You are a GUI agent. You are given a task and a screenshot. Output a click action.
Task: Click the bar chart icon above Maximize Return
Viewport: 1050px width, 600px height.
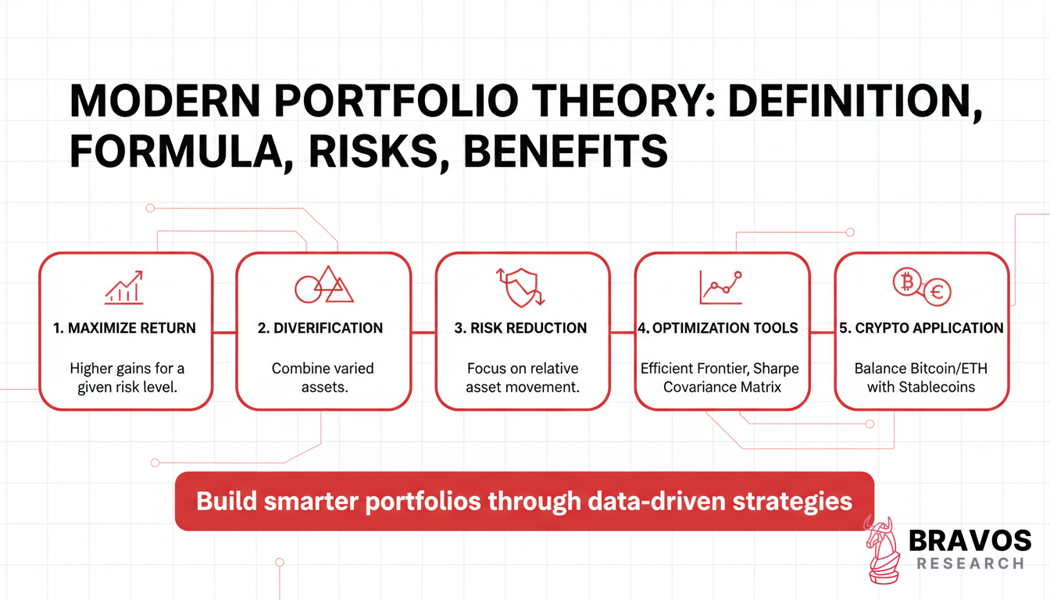(x=125, y=287)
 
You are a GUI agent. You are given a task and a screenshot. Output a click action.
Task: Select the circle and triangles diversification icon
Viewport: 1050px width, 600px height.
(x=323, y=285)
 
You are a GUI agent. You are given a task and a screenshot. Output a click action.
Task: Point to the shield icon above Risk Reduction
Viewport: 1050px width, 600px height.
(x=521, y=286)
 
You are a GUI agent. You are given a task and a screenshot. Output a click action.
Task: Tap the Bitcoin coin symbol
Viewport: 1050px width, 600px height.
(x=907, y=283)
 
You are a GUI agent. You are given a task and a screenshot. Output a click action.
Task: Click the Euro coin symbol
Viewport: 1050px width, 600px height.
(x=936, y=293)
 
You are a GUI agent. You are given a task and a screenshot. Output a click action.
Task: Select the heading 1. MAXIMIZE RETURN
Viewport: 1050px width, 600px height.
(x=125, y=328)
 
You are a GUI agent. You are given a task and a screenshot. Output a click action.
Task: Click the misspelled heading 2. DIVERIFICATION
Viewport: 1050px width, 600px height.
(x=320, y=328)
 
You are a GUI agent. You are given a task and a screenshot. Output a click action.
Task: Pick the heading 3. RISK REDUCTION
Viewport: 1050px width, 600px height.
(x=520, y=328)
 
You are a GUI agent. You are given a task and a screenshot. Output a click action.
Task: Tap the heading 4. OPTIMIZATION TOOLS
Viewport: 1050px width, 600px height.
(x=718, y=328)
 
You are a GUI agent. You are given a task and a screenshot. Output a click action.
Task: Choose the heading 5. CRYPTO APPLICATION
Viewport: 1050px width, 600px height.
(x=921, y=328)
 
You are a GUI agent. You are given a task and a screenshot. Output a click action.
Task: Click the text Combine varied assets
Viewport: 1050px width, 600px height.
(x=323, y=377)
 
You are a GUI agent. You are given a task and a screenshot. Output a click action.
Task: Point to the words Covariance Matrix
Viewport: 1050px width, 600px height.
(x=722, y=386)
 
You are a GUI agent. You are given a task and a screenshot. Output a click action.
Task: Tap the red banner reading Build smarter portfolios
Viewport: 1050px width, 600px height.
(x=523, y=501)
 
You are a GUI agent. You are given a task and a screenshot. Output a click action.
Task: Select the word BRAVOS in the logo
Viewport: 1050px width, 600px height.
(x=970, y=541)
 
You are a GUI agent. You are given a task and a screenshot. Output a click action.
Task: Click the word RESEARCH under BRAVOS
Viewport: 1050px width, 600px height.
(x=970, y=563)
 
